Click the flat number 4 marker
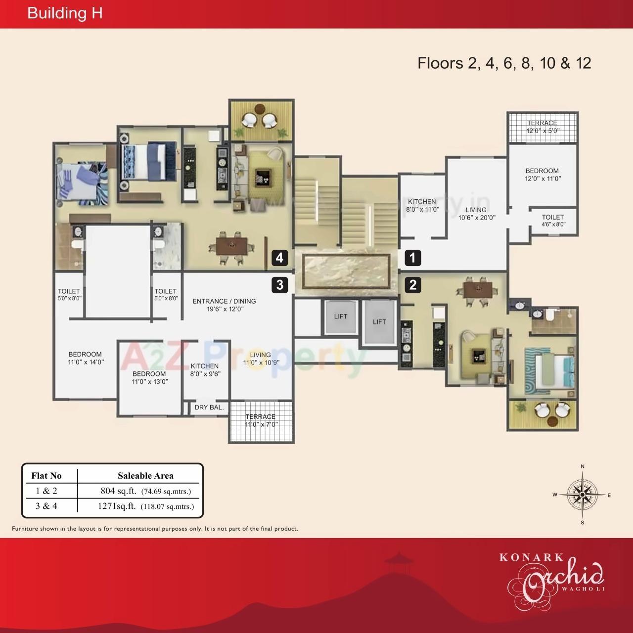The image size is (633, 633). pos(280,258)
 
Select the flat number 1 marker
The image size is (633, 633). pos(413,258)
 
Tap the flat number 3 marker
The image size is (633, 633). pos(280,285)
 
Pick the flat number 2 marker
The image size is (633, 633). pos(413,285)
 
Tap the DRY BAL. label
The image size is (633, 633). pos(209,407)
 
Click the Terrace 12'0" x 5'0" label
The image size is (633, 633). pos(542,127)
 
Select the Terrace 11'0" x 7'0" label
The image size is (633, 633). pos(261,420)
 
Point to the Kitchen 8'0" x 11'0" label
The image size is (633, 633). pos(422,205)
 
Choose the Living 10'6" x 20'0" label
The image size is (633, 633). pos(476,214)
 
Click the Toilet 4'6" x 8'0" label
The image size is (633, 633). pos(553,221)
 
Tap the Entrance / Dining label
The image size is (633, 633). pos(225,305)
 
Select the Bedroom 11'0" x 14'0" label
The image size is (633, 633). pos(85,358)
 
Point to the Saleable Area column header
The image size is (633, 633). pos(145,476)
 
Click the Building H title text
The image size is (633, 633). pos(65,13)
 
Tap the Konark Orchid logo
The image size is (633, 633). pos(552,576)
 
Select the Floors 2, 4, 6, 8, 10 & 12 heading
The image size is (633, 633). pos(504,63)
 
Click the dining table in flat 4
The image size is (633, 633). pos(231,246)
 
